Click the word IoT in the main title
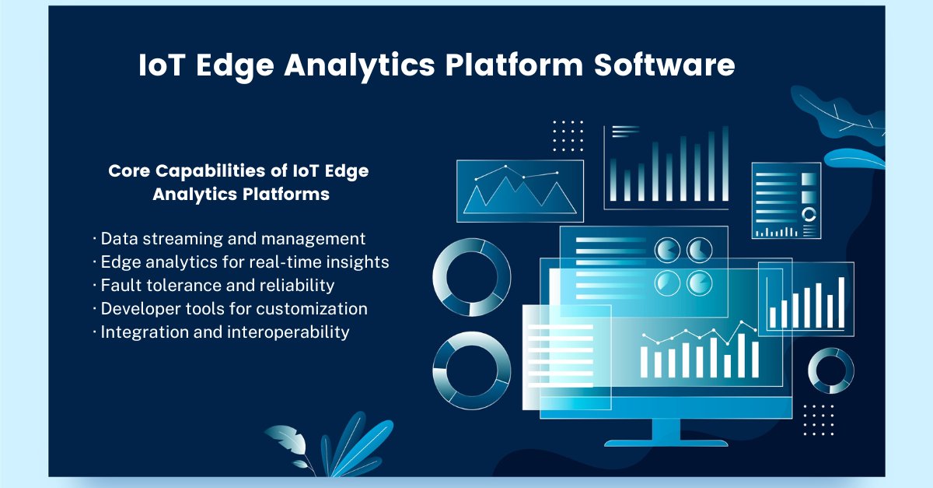click(x=162, y=66)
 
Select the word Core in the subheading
click(x=128, y=171)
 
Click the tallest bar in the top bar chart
click(x=725, y=164)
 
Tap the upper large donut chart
click(x=472, y=278)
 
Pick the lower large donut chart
click(x=472, y=370)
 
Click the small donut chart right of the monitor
click(x=830, y=370)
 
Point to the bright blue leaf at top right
click(x=855, y=159)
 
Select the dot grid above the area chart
click(x=568, y=135)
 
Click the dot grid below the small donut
click(x=819, y=420)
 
